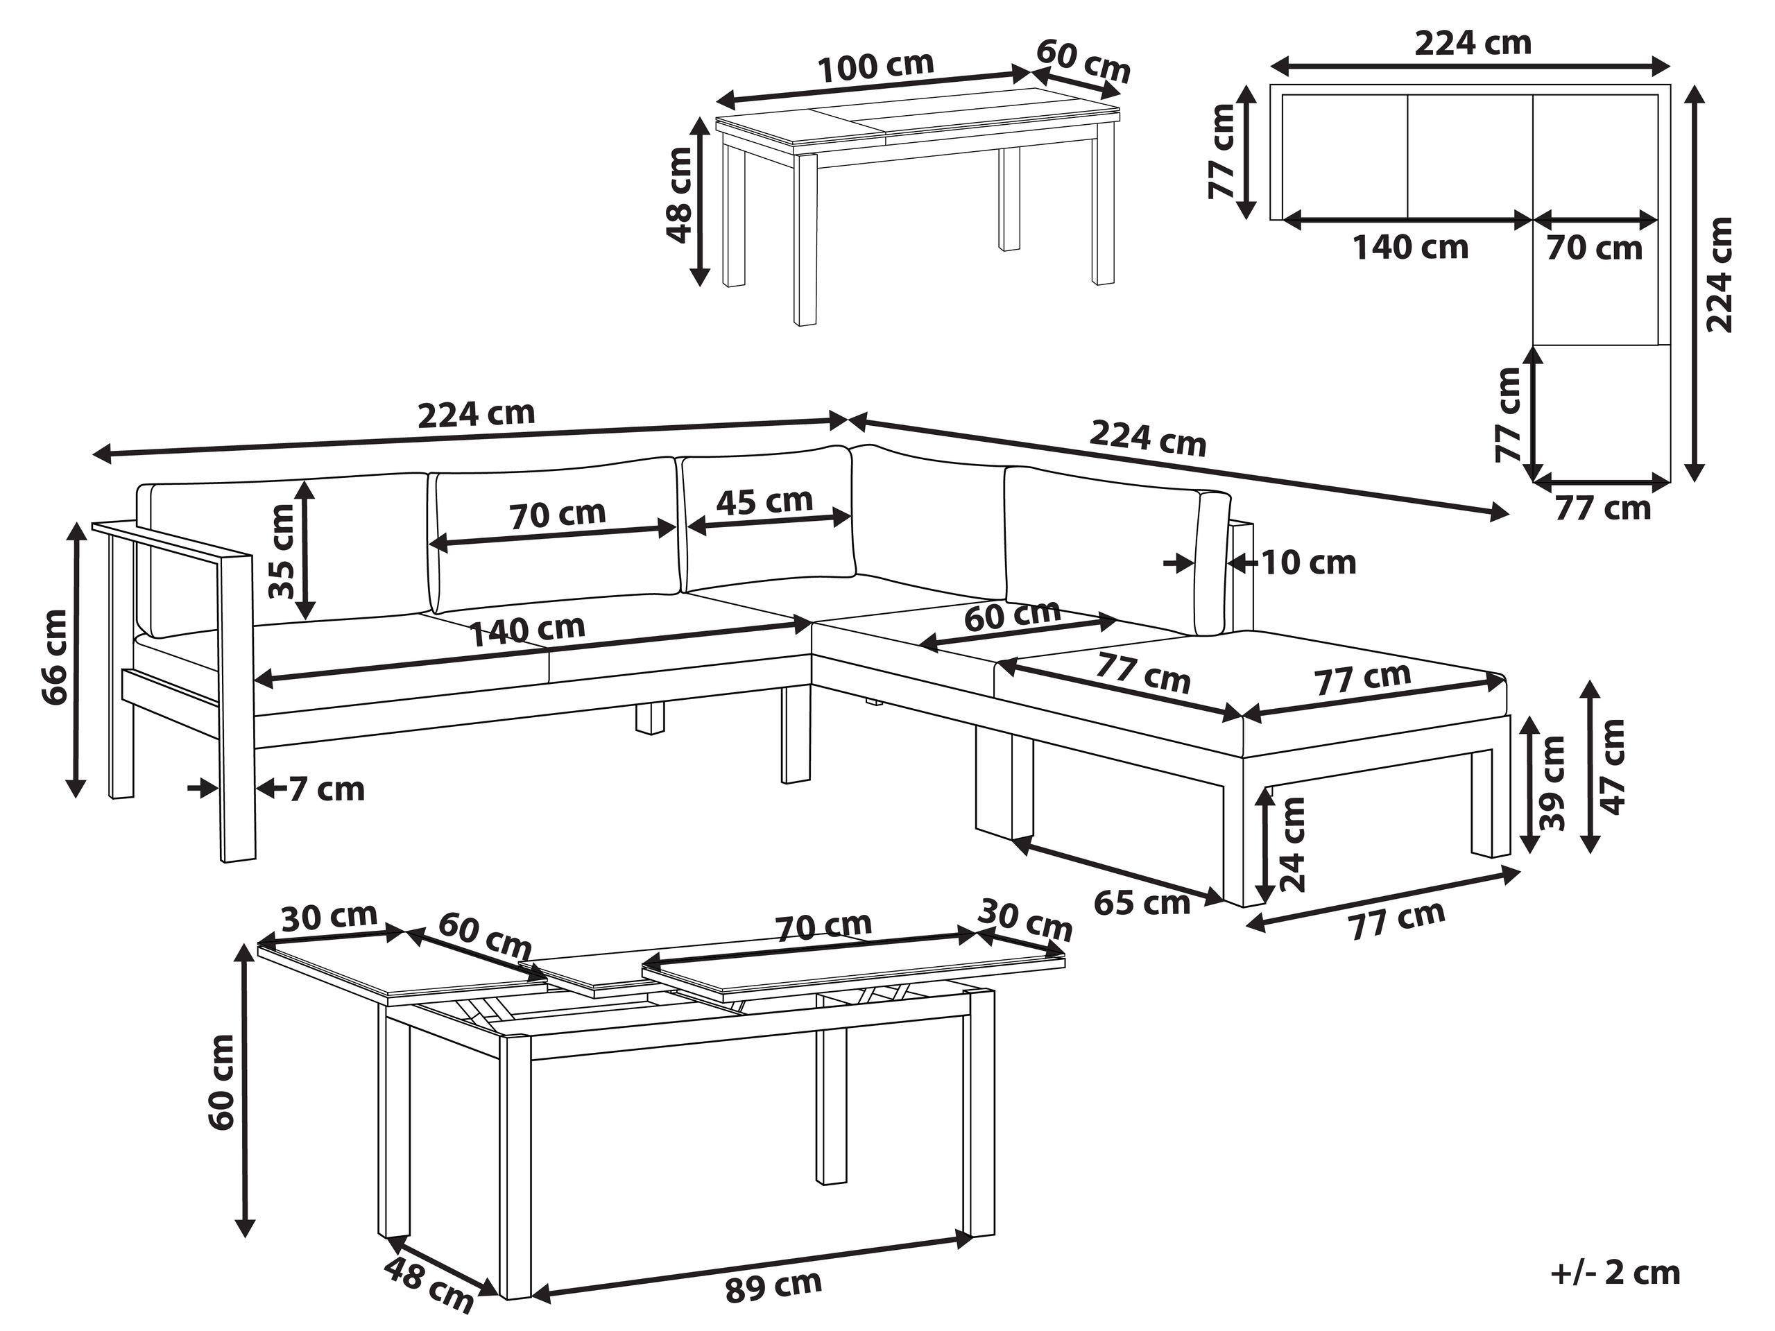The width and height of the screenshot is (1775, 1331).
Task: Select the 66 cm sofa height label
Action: pos(55,657)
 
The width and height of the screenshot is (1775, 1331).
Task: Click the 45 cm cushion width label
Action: pos(764,501)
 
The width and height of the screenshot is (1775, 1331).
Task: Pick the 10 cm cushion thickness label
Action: pos(1309,563)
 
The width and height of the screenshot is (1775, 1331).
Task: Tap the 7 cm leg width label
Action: pos(326,789)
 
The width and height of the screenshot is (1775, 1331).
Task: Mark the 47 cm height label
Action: pos(1612,766)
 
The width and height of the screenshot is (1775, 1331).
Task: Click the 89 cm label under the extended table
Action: pos(773,1286)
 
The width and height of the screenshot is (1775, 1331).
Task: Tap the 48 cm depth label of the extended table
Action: pos(429,1285)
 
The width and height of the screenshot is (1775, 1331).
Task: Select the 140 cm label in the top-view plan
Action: pos(1411,247)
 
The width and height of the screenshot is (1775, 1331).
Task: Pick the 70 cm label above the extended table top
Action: pos(823,927)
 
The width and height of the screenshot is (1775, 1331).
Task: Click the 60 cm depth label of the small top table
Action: pos(1083,60)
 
